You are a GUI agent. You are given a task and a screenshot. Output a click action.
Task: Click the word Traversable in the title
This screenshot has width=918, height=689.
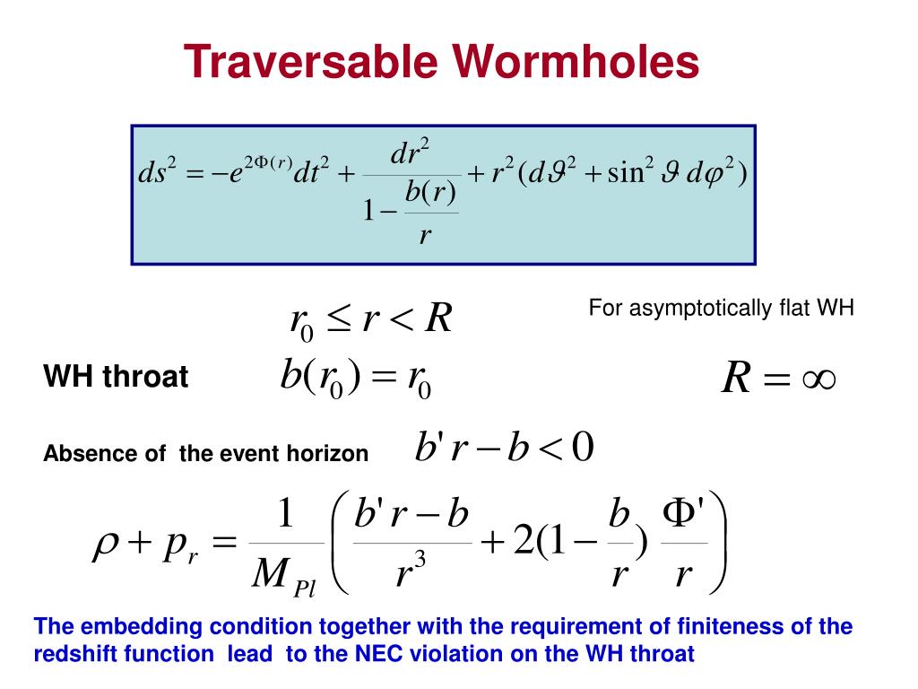309,63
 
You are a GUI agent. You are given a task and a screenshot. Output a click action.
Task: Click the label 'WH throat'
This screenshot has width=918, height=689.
116,378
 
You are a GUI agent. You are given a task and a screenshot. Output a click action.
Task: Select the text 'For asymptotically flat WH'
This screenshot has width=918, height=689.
722,308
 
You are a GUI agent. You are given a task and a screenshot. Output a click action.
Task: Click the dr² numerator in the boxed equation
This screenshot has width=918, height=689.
412,152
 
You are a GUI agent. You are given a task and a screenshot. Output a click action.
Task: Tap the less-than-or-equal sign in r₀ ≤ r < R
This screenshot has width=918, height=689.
340,319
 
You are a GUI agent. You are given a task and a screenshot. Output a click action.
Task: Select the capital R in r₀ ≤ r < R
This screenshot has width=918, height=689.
437,318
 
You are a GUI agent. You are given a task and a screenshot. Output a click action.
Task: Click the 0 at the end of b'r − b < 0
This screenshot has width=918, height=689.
582,447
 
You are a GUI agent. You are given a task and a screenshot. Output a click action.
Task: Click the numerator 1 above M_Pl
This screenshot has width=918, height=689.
284,515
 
